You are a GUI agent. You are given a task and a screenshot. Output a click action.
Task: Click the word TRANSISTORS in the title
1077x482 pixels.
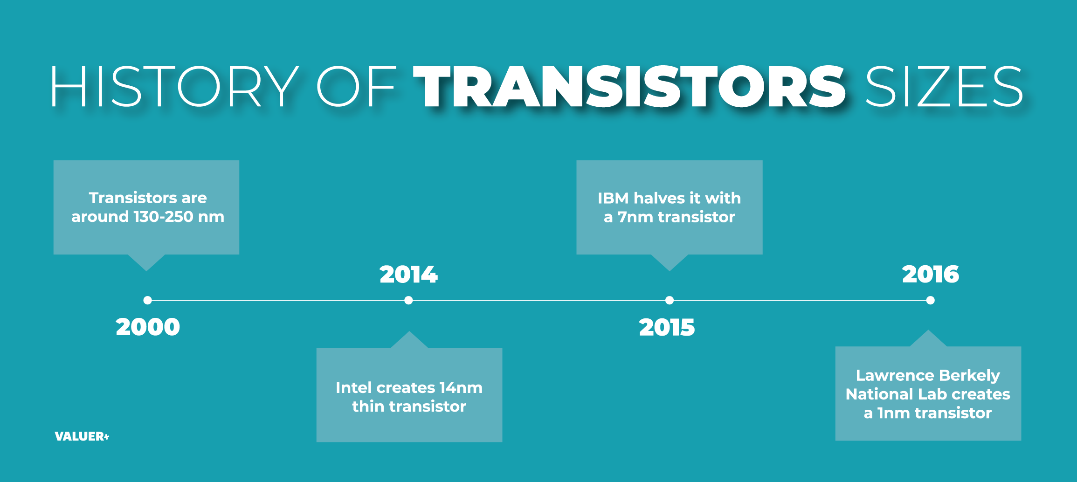629,86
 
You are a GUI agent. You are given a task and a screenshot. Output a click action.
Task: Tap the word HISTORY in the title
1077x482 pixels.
174,86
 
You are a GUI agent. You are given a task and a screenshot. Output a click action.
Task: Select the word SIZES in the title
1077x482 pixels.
944,86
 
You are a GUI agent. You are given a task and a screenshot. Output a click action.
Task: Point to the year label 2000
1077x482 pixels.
148,327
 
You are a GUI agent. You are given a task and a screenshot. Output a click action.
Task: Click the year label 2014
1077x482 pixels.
408,274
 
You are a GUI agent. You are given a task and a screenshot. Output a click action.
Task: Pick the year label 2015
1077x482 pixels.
667,327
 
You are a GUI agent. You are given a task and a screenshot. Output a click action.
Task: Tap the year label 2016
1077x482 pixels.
931,274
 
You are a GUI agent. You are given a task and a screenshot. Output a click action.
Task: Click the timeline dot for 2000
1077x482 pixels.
148,300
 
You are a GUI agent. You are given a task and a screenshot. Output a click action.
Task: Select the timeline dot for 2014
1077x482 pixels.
408,300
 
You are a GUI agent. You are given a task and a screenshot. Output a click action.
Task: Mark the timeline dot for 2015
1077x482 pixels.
670,300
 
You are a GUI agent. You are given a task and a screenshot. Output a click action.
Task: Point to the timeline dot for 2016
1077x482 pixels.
931,300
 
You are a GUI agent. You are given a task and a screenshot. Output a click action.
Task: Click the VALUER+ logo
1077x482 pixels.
82,436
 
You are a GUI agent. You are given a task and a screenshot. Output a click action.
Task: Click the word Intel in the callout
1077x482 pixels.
353,387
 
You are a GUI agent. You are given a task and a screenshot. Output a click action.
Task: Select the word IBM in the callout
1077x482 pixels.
613,198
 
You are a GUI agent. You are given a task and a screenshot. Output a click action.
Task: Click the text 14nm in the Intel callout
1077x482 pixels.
461,387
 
